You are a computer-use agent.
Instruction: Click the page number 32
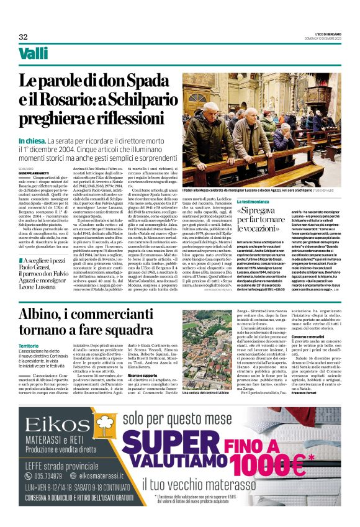[24, 37]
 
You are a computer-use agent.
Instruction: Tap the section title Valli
[34, 54]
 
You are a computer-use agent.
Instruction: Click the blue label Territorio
[29, 346]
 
